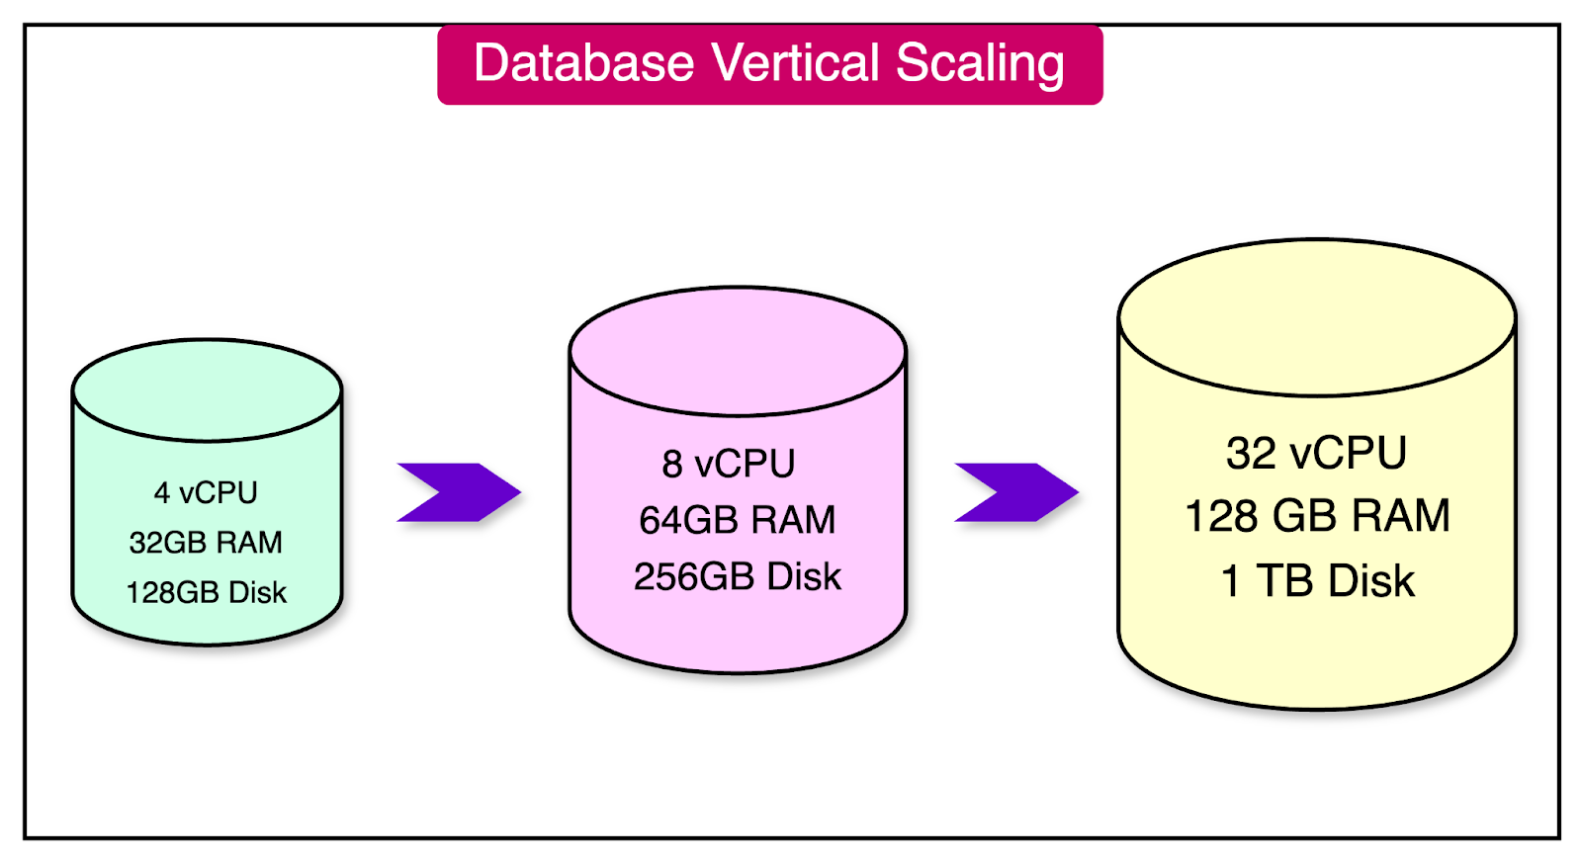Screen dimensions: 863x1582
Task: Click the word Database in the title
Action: pos(583,63)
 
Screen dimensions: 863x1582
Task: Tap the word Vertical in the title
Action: pos(795,63)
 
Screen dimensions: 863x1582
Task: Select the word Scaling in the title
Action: pos(980,65)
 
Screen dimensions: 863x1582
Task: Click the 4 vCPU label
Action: pos(206,492)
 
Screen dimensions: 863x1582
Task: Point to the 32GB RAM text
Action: pos(206,542)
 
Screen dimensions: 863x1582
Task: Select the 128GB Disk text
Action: pos(206,592)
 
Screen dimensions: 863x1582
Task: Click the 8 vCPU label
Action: pos(729,464)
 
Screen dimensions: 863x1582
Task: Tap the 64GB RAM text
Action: pos(737,520)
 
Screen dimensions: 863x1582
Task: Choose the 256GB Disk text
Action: pos(737,576)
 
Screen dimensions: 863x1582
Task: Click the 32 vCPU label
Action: pos(1316,454)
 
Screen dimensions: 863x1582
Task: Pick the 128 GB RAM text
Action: pos(1317,516)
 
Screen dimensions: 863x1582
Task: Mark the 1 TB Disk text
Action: pos(1317,581)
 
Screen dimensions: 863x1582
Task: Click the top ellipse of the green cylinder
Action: pos(207,389)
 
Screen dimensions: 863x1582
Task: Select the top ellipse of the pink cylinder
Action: pos(738,350)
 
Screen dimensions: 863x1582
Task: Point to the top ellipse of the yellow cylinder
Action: pos(1316,316)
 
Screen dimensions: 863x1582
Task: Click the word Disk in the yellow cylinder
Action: pos(1371,581)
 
